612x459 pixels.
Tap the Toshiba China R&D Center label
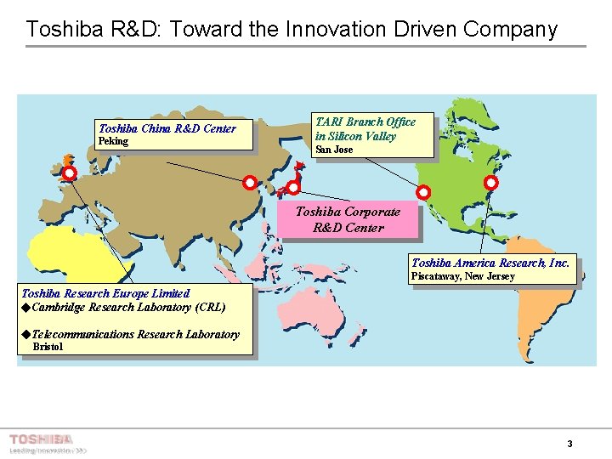pos(167,128)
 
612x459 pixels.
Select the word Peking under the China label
pos(114,141)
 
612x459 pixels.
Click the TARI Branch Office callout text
pos(365,128)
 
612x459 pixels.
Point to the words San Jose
pos(334,150)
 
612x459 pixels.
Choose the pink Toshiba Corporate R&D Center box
pos(348,219)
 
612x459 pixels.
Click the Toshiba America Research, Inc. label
pos(490,263)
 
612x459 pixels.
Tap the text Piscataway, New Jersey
pos(463,276)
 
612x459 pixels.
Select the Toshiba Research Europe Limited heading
pos(105,293)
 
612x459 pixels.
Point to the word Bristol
pos(48,347)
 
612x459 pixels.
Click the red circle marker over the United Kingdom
pos(70,173)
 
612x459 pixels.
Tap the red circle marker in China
pos(250,183)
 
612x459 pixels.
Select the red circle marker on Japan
pos(293,187)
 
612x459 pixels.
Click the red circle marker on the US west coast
pos(423,193)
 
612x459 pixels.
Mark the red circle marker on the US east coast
pos(490,183)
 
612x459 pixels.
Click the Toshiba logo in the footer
pos(41,439)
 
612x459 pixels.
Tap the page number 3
pos(569,444)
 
